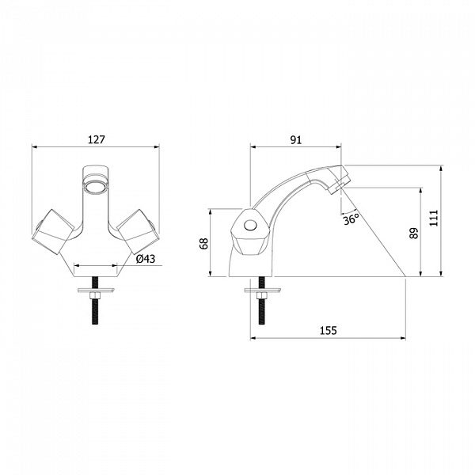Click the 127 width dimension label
(x=97, y=139)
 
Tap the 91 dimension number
(x=296, y=140)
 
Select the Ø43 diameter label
(x=146, y=259)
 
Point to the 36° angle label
(x=351, y=218)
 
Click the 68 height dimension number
(x=204, y=243)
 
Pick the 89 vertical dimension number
(x=413, y=234)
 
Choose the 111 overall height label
(x=434, y=218)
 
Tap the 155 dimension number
(x=329, y=330)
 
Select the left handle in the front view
(x=53, y=232)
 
